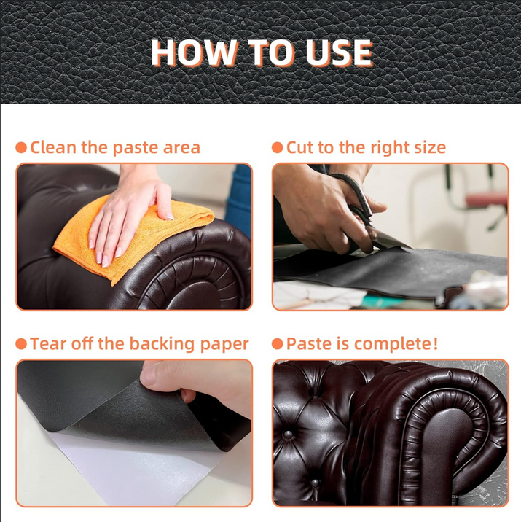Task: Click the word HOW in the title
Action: click(193, 52)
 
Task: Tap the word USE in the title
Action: click(338, 52)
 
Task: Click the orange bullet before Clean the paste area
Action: click(21, 147)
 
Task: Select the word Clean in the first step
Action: click(53, 147)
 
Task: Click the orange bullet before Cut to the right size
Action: click(277, 147)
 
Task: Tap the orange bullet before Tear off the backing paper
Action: click(21, 344)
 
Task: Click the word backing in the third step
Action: click(162, 344)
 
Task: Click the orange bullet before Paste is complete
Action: click(277, 344)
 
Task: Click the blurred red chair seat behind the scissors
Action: click(487, 200)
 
